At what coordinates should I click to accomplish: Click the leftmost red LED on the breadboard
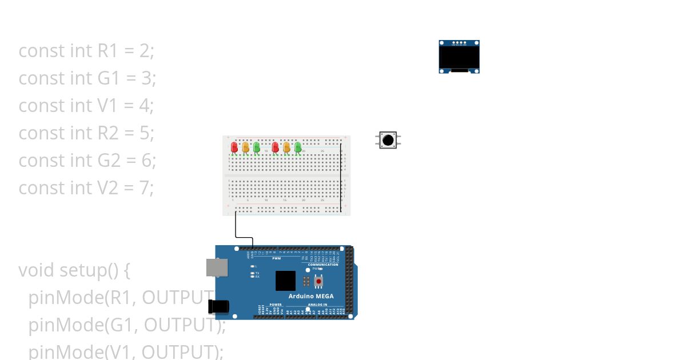point(234,147)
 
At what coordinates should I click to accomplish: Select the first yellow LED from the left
point(245,147)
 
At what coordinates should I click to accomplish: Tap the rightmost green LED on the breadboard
point(298,147)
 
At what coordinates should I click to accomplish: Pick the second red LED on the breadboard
point(275,147)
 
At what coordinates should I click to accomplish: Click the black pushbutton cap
point(388,140)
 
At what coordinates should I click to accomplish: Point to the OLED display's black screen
point(458,57)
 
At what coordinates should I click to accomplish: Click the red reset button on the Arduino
point(318,281)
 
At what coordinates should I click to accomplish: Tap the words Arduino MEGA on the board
point(311,296)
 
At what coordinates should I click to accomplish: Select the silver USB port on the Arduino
point(217,267)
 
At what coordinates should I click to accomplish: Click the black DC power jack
point(218,306)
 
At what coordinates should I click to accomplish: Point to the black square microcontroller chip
point(285,281)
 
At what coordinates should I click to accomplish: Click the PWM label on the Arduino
point(276,258)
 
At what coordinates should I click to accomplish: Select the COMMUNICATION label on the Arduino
point(323,265)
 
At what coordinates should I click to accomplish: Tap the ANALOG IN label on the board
point(317,305)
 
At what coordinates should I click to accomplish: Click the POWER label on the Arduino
point(276,305)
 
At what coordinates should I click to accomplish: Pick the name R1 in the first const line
point(107,51)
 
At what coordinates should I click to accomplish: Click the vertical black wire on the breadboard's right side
point(341,177)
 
